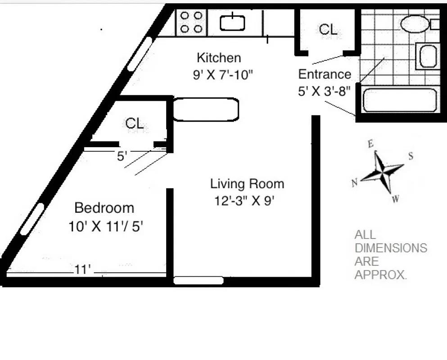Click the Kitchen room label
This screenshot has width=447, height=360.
[x=219, y=58]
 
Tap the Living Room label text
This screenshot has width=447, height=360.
[x=247, y=184]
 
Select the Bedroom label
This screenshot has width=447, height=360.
[x=104, y=208]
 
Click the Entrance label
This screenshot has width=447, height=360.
[x=324, y=74]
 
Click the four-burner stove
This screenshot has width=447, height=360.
[x=191, y=22]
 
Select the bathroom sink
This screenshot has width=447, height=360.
[x=426, y=56]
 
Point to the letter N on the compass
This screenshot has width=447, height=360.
[x=355, y=182]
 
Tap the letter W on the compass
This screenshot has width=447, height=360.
[x=395, y=199]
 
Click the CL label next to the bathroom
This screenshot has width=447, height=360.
[x=327, y=30]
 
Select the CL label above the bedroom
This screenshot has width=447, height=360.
[x=135, y=123]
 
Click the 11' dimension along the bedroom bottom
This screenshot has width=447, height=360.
[x=83, y=270]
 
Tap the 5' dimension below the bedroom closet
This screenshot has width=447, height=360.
[x=122, y=157]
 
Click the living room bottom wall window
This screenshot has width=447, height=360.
[x=199, y=281]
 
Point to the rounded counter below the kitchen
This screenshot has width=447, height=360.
[x=206, y=109]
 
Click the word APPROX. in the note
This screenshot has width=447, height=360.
[x=380, y=275]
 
